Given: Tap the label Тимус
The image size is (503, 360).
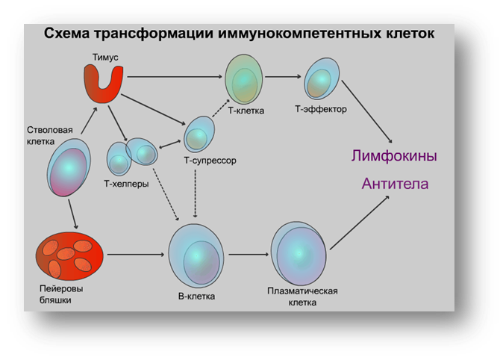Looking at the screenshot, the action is tap(105, 58).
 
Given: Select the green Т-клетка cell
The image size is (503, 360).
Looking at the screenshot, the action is tap(244, 79).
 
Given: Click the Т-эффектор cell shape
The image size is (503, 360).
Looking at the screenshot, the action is tap(322, 78).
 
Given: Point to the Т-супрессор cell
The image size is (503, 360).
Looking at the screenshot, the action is tap(199, 134).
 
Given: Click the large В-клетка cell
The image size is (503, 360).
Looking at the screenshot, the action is tap(196, 255).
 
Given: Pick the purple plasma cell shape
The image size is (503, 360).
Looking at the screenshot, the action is tap(299, 253).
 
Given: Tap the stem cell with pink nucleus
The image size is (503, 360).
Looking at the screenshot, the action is tap(69, 167).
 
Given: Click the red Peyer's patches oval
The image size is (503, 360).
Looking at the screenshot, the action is tap(69, 256).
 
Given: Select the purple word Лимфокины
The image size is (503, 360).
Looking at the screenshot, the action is tap(394, 156).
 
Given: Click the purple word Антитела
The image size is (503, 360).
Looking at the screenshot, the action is tap(395, 184).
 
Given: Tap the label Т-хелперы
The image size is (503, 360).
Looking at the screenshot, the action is tap(126, 184).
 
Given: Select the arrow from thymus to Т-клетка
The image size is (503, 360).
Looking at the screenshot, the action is tap(175, 77).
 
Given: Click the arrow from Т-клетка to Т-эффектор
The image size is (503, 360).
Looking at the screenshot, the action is tap(283, 77).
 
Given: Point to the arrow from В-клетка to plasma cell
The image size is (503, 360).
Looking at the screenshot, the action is tap(249, 255).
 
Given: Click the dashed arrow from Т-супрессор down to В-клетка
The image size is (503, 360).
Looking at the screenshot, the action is tap(196, 193).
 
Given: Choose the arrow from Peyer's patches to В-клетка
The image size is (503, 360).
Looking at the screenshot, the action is tap(136, 255).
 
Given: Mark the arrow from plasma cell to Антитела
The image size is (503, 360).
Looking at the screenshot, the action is tap(360, 223).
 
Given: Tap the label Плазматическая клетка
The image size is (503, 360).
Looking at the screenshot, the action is tap(302, 297).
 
